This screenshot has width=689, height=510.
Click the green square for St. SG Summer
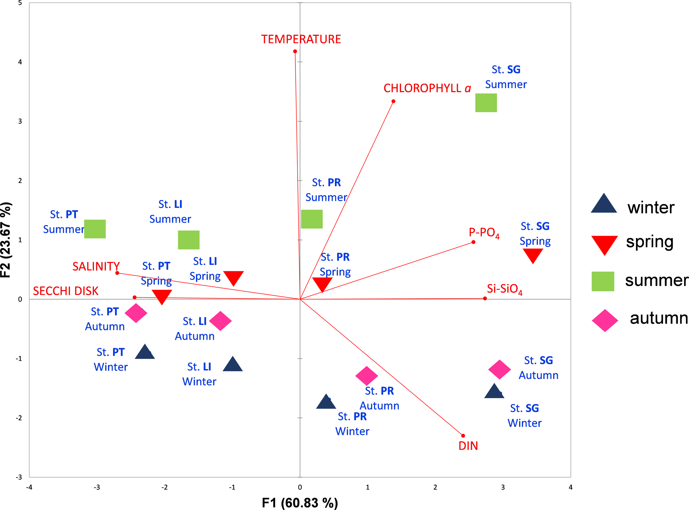click(486, 103)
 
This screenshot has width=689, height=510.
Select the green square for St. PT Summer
click(95, 229)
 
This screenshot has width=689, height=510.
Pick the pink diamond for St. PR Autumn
click(367, 376)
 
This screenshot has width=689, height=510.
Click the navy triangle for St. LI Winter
click(233, 365)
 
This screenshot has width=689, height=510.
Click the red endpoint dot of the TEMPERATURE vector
click(295, 51)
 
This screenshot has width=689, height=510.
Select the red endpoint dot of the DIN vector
click(463, 436)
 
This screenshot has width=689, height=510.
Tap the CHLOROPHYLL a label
click(427, 88)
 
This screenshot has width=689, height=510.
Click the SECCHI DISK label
click(65, 291)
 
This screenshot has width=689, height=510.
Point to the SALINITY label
click(96, 266)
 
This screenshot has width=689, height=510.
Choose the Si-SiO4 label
click(504, 289)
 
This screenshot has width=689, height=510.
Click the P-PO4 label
click(484, 233)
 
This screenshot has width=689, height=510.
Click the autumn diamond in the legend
click(605, 320)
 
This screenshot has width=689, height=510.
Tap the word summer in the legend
click(656, 280)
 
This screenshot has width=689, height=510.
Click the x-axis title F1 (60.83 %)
click(300, 502)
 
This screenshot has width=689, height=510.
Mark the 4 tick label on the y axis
click(20, 62)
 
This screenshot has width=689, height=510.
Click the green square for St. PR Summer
click(312, 219)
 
